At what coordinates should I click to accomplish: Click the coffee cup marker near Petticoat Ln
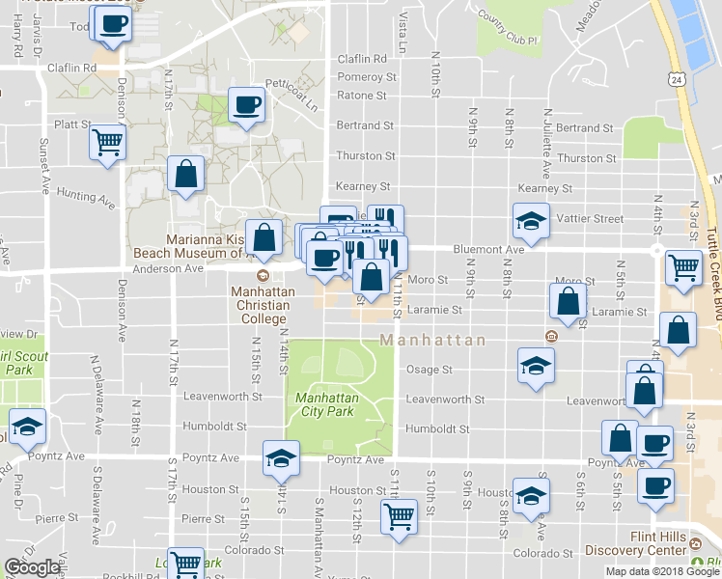click(246, 104)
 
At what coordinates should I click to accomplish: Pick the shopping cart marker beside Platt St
click(107, 143)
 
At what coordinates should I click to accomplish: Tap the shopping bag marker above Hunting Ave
click(185, 174)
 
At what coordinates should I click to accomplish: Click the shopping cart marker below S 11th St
click(399, 516)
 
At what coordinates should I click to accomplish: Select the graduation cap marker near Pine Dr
click(27, 426)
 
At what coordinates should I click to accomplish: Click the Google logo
click(34, 567)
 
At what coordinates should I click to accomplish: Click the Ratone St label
click(361, 96)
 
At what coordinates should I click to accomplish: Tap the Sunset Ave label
click(43, 163)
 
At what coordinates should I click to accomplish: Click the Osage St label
click(429, 370)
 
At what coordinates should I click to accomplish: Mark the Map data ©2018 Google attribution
click(660, 571)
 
